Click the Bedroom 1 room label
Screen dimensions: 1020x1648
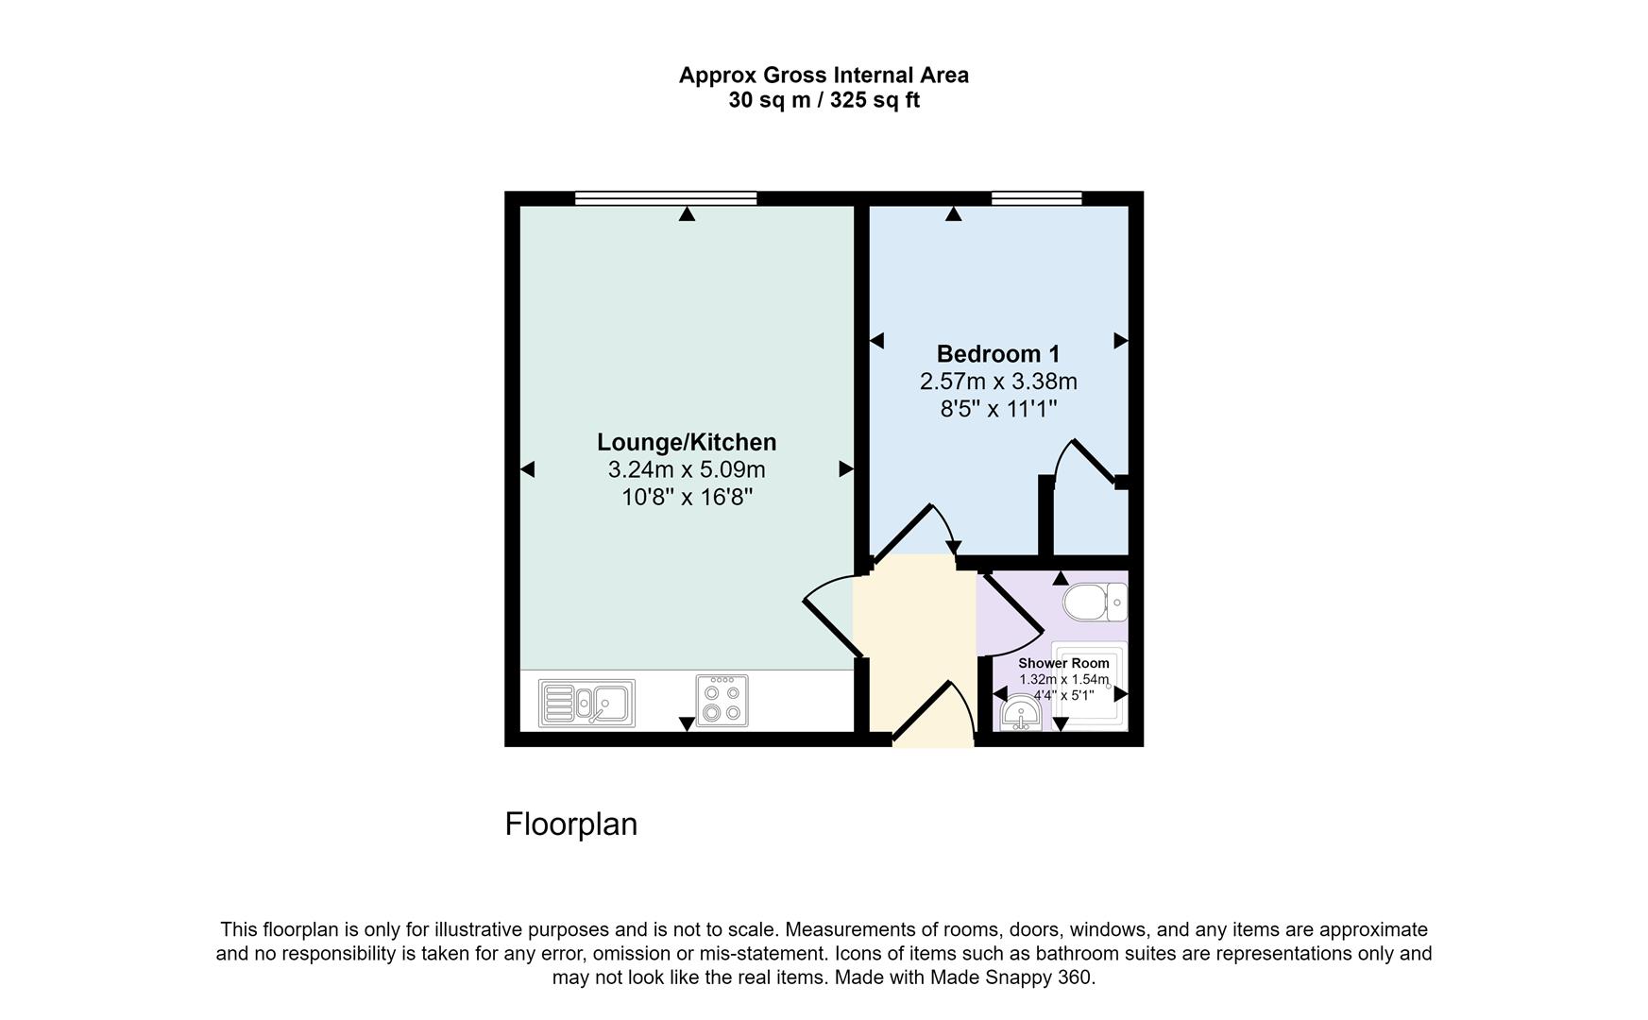tap(997, 354)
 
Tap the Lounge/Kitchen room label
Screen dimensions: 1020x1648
tap(687, 442)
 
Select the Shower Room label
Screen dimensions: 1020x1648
tap(1063, 663)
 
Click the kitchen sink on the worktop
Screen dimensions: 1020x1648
tap(586, 704)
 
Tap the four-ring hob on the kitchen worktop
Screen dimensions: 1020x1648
tap(722, 701)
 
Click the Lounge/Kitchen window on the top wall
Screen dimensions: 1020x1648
tap(666, 198)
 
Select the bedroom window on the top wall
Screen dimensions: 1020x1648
tap(1036, 198)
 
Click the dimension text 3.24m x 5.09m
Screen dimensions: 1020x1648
tap(687, 469)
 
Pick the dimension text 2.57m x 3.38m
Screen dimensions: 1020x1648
tap(998, 382)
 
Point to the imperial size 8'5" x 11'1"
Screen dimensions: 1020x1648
tap(998, 409)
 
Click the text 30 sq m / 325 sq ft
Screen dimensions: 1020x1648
tap(824, 100)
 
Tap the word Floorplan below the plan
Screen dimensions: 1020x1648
tap(571, 824)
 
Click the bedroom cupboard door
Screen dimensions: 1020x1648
tap(1091, 461)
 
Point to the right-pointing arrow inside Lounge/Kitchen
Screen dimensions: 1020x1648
tap(846, 468)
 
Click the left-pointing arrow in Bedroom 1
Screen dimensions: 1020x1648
tap(876, 341)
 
